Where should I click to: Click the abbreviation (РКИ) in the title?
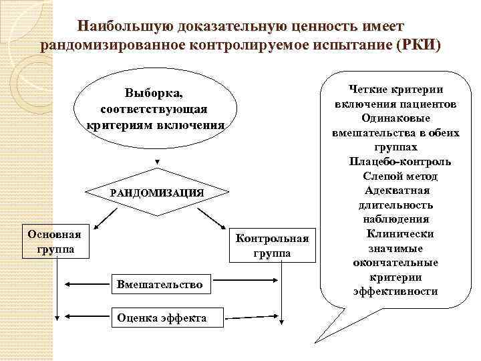[x=418, y=46]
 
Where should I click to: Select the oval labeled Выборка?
[x=157, y=108]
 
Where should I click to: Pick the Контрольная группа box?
[x=272, y=245]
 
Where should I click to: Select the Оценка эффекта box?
[x=161, y=317]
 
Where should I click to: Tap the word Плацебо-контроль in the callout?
[x=399, y=162]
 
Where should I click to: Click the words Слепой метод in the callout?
[x=400, y=176]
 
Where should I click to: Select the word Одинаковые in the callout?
[x=399, y=118]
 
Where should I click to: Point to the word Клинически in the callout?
[x=400, y=234]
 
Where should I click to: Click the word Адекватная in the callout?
[x=399, y=191]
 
